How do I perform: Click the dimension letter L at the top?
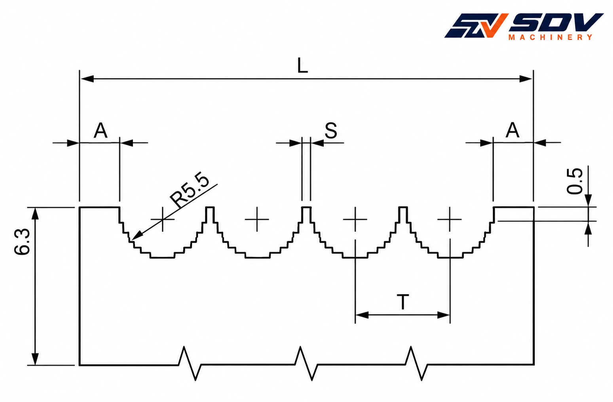point(302,66)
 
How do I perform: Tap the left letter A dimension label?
point(101,131)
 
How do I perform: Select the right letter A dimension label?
point(512,130)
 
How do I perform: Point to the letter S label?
point(331,131)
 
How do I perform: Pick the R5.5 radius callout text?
point(190,189)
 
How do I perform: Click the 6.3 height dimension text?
point(23,241)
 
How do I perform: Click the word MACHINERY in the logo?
point(550,37)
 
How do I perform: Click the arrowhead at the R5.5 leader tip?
point(137,236)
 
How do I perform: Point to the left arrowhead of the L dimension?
point(87,79)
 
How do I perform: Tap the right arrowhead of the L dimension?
point(526,79)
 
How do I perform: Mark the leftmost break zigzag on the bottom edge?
point(190,364)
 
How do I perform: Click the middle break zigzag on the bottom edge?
point(306,364)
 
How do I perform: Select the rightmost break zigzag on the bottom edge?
point(416,364)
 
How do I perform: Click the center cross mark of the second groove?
point(257,219)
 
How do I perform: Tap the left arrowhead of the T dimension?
point(361,315)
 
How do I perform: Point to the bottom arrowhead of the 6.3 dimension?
point(35,359)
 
